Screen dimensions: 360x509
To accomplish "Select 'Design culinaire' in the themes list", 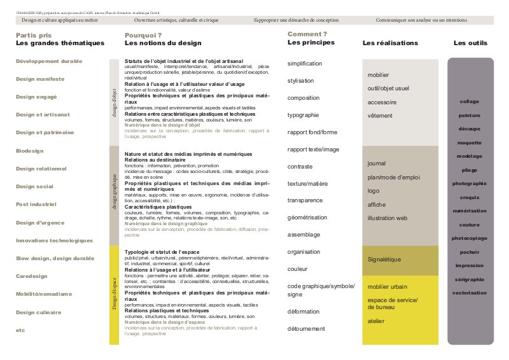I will [x=38, y=312].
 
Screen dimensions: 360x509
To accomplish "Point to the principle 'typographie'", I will [x=303, y=115].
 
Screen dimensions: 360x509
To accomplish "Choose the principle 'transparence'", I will [x=305, y=200].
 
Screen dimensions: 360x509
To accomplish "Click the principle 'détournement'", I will [x=307, y=329].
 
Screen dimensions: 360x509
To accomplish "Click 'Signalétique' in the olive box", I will [x=384, y=260].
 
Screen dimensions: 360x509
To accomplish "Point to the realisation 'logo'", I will [x=373, y=191].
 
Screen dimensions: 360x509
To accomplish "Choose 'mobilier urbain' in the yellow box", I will [x=387, y=286].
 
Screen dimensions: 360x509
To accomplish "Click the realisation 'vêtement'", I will [x=380, y=116].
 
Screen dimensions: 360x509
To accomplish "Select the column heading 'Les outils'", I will [x=470, y=43].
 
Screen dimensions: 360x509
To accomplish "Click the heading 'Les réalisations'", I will [x=390, y=43].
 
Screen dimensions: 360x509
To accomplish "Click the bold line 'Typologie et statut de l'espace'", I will [x=162, y=253].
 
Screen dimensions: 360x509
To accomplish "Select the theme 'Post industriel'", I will [x=36, y=205].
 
